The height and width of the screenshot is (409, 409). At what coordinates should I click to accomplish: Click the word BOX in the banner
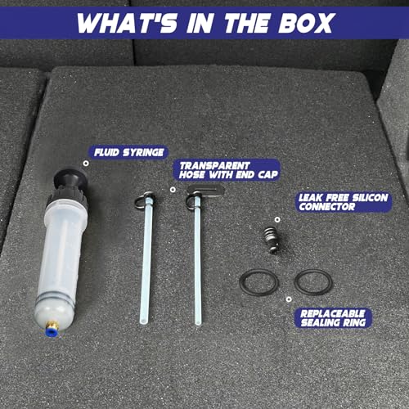click(306, 23)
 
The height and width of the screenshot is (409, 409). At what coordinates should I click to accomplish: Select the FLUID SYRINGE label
click(128, 152)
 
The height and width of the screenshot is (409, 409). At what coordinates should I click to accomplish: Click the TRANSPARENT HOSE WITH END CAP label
click(227, 170)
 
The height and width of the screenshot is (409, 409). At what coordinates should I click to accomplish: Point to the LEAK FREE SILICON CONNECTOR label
click(344, 202)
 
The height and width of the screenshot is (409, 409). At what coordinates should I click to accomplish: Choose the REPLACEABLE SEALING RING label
click(333, 317)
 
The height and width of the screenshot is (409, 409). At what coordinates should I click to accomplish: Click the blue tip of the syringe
click(50, 331)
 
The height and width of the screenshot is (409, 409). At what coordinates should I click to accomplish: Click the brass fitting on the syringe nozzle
click(52, 325)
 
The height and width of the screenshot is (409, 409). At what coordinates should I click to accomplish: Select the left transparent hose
click(146, 259)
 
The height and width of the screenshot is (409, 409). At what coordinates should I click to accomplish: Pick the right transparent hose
click(198, 259)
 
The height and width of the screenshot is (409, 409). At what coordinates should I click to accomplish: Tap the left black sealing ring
click(240, 282)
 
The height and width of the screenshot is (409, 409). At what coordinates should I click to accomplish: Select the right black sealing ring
click(295, 282)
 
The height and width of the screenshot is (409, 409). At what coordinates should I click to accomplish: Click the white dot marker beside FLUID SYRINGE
click(86, 164)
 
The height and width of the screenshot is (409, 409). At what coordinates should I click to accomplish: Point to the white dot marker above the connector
click(277, 219)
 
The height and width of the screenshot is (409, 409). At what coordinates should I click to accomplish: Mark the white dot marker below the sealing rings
click(289, 299)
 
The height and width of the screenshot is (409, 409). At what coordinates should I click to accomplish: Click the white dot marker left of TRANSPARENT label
click(173, 190)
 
